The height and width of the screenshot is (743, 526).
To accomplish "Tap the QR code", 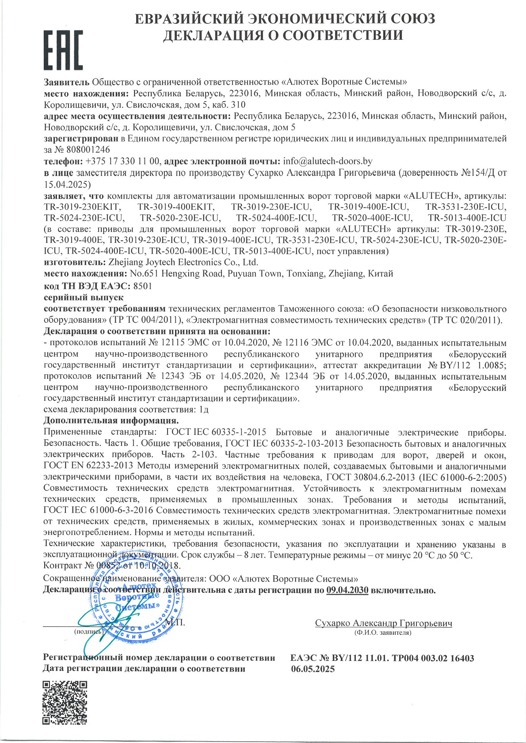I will tap(65, 702).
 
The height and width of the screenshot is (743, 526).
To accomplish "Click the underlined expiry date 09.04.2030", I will tap(347, 590).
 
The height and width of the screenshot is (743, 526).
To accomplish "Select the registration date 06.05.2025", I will tap(313, 669).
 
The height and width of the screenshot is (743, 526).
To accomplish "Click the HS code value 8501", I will tap(142, 286).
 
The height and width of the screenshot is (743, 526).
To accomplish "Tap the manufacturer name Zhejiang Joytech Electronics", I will tap(183, 262).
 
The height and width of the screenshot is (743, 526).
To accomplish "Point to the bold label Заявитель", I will tap(67, 82).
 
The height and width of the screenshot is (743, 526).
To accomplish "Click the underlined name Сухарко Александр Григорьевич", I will tap(383, 623).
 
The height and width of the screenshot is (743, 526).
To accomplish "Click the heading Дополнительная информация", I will tap(111, 420).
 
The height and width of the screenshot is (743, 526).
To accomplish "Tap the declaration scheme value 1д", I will tap(203, 409).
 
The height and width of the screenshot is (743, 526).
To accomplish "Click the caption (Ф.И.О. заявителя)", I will tap(383, 633).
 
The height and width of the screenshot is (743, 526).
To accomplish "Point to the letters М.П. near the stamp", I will tap(175, 622).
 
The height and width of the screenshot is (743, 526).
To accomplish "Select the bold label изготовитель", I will tap(73, 262).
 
